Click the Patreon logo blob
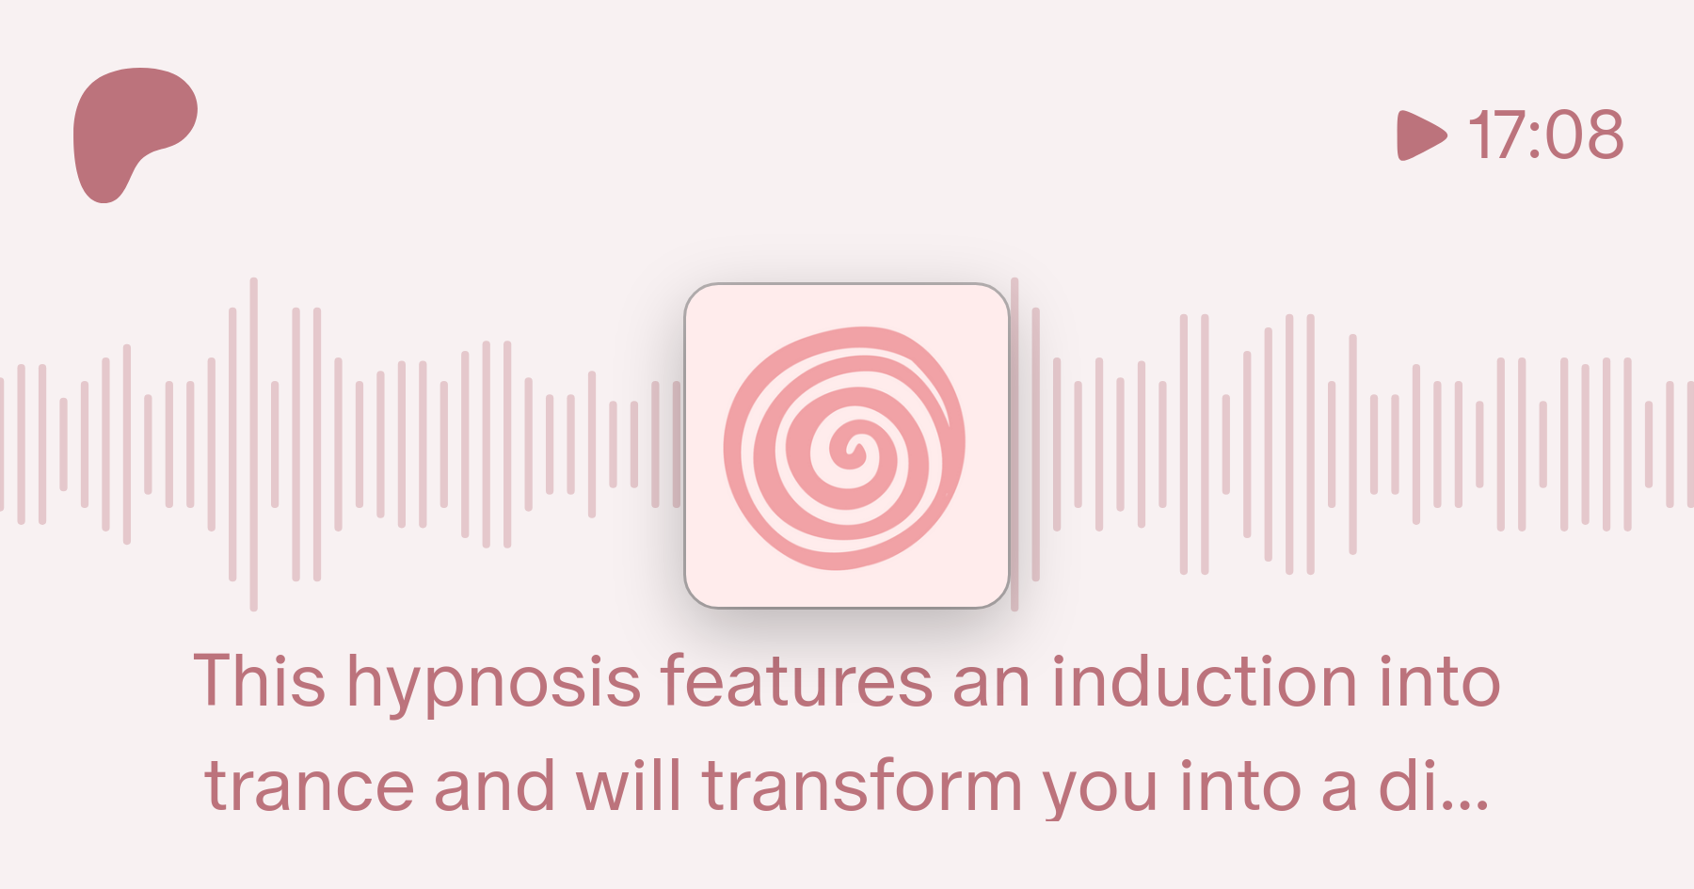coord(127,127)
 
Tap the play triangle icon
coord(1421,135)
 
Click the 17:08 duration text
coord(1546,135)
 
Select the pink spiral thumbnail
coord(847,445)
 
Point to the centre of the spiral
coord(855,448)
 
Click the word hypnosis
coord(494,684)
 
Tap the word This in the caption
coord(260,679)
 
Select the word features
coord(797,679)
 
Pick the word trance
coord(310,786)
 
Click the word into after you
coord(1240,786)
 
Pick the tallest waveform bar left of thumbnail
coord(254,444)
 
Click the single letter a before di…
coord(1339,790)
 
